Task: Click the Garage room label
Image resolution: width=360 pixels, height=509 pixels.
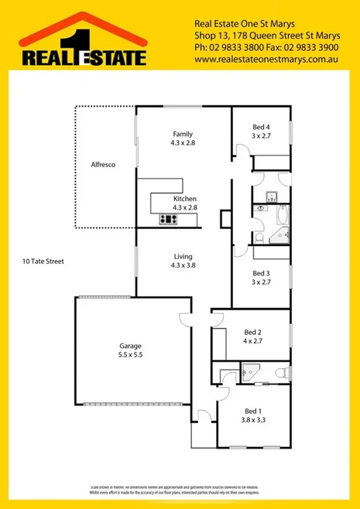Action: pyautogui.click(x=130, y=346)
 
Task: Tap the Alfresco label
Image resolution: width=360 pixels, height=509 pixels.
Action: pyautogui.click(x=103, y=165)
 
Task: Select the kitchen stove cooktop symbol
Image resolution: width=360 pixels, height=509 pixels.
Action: pyautogui.click(x=168, y=219)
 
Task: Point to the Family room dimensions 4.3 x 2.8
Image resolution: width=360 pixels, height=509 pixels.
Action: pyautogui.click(x=184, y=143)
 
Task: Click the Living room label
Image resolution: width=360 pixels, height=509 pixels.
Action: pyautogui.click(x=184, y=256)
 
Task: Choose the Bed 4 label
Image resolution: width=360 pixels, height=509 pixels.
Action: pyautogui.click(x=261, y=127)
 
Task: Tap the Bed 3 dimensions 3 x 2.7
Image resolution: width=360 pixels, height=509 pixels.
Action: pyautogui.click(x=261, y=282)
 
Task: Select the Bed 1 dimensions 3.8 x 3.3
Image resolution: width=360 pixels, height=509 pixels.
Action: pyautogui.click(x=252, y=421)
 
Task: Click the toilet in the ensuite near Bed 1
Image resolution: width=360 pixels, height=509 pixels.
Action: pyautogui.click(x=283, y=374)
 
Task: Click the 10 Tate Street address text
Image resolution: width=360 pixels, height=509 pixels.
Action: pyautogui.click(x=43, y=261)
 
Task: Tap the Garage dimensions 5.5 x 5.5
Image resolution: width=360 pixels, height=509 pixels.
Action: pyautogui.click(x=130, y=355)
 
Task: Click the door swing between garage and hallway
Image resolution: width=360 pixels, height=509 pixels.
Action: pyautogui.click(x=184, y=317)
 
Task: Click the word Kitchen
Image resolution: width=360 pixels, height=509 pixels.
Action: pyautogui.click(x=184, y=199)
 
